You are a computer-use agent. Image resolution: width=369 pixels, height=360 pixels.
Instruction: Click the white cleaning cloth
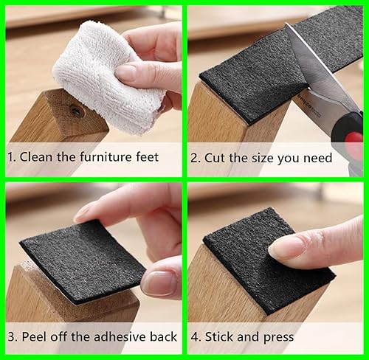[103, 81]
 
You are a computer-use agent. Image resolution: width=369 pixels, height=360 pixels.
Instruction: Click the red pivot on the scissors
[355, 136]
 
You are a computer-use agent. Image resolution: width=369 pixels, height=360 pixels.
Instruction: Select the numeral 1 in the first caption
[11, 157]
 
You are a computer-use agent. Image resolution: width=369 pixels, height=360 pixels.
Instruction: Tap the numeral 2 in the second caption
[194, 157]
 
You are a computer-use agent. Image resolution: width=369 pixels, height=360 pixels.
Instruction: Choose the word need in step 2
[316, 157]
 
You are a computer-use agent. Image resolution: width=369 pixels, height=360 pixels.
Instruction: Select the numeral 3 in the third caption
[11, 337]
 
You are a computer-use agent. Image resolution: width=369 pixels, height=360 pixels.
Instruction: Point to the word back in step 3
[162, 337]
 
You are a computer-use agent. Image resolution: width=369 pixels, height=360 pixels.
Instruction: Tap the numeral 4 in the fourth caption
[194, 337]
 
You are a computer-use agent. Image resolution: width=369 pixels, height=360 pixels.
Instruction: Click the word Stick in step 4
[220, 337]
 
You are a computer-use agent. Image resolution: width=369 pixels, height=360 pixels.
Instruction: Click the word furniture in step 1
[102, 157]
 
